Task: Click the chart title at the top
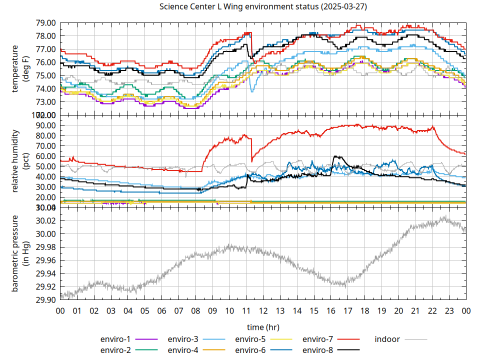262,7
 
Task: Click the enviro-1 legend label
115,339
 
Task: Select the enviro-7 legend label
318,339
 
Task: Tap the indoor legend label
387,339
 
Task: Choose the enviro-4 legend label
183,349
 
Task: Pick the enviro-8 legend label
318,349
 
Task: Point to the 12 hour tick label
263,310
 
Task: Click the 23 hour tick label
449,310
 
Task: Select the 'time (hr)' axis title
263,327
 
